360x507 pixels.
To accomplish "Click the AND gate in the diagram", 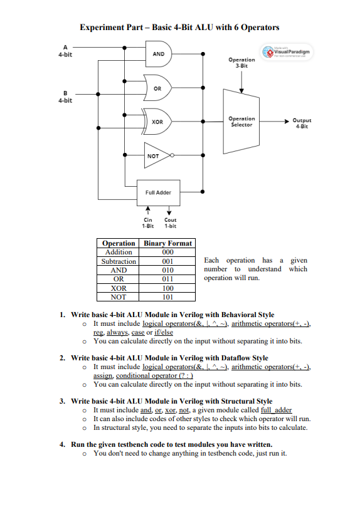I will [159, 54].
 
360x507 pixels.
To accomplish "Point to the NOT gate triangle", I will [155, 155].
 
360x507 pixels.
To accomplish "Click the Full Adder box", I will [158, 192].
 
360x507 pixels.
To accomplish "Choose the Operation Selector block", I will [241, 122].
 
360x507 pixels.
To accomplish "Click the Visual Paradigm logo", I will [289, 50].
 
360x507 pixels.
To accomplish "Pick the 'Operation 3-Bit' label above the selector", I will [241, 62].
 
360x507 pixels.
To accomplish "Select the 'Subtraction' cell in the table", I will [119, 261].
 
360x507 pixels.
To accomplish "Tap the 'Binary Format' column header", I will [168, 243].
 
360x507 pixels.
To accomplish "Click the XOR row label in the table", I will [119, 289].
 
